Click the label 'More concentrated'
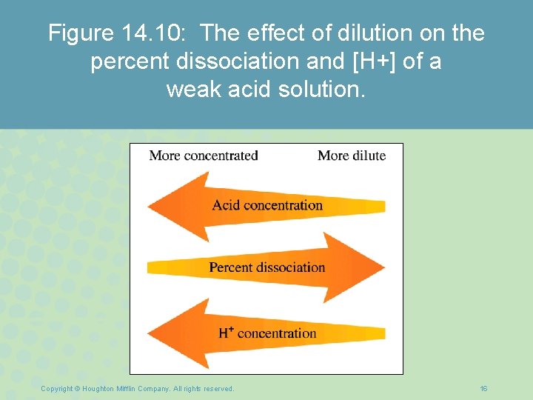click(203, 156)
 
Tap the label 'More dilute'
click(352, 156)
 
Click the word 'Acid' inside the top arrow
click(226, 205)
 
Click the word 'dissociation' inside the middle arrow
click(291, 267)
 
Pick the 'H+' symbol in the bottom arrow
click(226, 333)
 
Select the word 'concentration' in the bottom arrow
click(277, 333)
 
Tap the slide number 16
click(483, 388)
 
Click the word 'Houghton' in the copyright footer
click(99, 388)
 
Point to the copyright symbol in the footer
click(77, 388)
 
